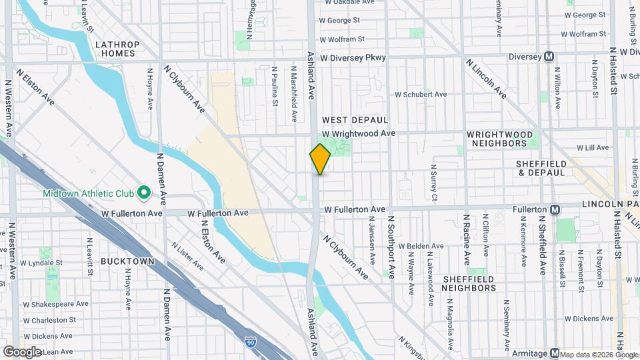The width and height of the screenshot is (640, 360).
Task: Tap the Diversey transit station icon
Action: point(549,57)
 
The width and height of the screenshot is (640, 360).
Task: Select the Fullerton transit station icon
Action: point(555,209)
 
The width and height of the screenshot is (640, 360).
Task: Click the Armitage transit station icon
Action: point(554,353)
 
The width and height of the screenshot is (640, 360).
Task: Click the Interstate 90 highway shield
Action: point(249,340)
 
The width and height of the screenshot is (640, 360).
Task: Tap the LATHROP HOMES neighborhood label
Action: point(117,49)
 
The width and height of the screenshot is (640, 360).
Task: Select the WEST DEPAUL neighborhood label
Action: point(355,120)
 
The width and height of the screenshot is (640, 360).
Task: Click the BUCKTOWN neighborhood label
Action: point(127,261)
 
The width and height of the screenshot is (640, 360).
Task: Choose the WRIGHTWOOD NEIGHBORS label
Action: point(500,139)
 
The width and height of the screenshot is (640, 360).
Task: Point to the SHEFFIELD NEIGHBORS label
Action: point(469,283)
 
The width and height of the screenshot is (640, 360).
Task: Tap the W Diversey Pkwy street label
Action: point(353,58)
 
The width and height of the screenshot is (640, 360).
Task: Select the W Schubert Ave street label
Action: point(421,95)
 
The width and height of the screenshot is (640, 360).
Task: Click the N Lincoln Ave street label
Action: point(486,79)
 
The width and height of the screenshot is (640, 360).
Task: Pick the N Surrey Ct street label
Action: point(433,183)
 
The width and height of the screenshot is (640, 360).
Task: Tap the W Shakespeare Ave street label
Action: point(55,303)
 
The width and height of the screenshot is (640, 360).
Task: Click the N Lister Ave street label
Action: point(187,256)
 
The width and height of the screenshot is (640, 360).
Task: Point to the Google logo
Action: point(22,351)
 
